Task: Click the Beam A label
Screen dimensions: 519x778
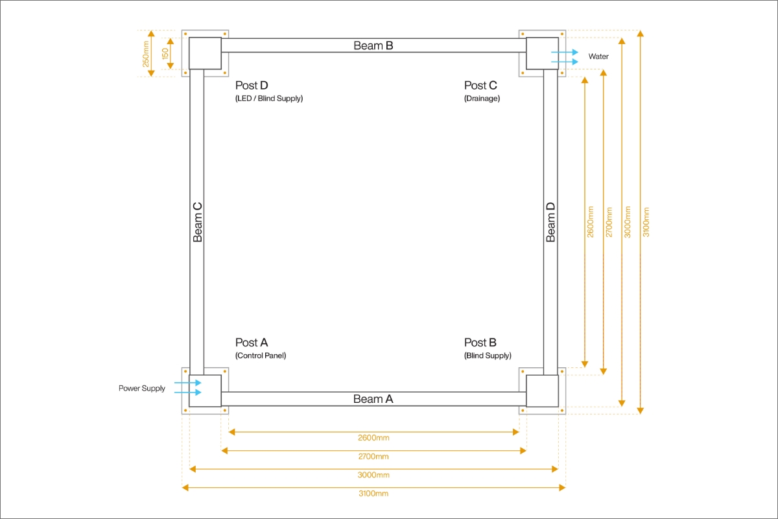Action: [x=373, y=399]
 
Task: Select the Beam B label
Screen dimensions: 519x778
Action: [x=373, y=45]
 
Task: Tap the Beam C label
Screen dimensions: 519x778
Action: [x=198, y=222]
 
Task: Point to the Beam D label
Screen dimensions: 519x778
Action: [x=550, y=222]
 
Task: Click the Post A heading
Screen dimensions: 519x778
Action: [x=252, y=343]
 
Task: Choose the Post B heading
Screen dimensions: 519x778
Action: [x=480, y=343]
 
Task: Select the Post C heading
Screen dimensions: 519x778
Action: [x=480, y=86]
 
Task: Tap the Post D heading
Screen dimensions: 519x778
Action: [x=252, y=86]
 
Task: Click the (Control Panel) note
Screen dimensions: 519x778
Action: [x=261, y=356]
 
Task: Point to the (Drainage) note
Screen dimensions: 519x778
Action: [x=482, y=99]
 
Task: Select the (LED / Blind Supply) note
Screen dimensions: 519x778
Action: [x=269, y=99]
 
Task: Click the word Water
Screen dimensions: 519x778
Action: [x=598, y=57]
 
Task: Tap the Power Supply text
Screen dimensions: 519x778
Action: [x=142, y=389]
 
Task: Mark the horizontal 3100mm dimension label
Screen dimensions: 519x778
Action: [x=373, y=494]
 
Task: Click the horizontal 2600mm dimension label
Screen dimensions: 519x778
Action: [x=373, y=438]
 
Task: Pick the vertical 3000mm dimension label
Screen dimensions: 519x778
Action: [x=627, y=222]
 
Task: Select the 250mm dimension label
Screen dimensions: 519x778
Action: [x=146, y=54]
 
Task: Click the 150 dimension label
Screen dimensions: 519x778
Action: [x=165, y=54]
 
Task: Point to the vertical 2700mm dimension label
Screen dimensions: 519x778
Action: [x=609, y=222]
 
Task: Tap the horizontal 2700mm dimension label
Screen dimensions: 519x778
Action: [x=373, y=457]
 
